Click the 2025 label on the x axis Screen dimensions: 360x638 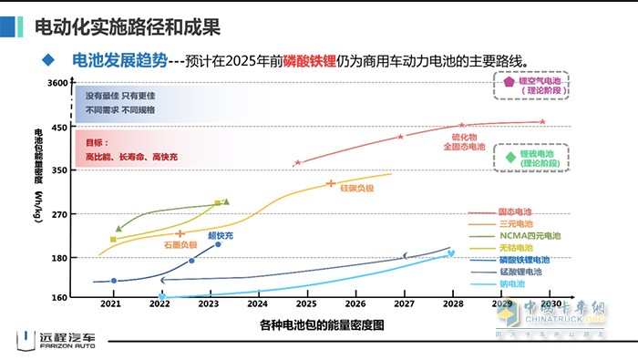[x=306, y=303]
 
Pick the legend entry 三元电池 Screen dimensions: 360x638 [x=516, y=223]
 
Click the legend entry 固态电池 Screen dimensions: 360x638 [x=516, y=211]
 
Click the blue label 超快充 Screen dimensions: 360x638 [x=220, y=235]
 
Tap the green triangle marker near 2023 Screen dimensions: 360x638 [x=226, y=201]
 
